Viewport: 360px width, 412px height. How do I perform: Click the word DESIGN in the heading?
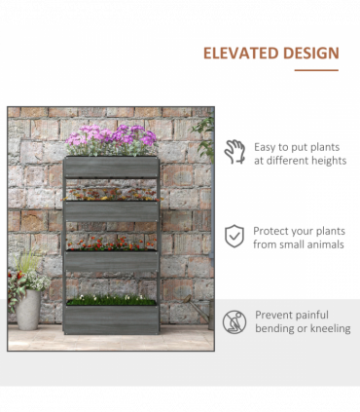[x=306, y=54]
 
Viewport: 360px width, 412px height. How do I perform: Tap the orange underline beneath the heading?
[x=315, y=70]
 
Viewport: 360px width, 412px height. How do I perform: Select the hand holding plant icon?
[x=234, y=152]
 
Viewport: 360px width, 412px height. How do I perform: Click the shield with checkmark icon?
[x=234, y=237]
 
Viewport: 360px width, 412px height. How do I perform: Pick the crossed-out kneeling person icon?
[x=234, y=321]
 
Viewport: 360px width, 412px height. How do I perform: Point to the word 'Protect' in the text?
[x=272, y=232]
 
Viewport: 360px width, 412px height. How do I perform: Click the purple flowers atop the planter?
[x=110, y=136]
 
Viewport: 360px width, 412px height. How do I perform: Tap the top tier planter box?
[x=112, y=167]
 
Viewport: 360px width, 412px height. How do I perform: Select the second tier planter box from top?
[x=112, y=211]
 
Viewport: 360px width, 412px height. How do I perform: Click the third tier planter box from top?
[x=112, y=262]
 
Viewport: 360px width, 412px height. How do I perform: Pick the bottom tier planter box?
[x=112, y=316]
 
